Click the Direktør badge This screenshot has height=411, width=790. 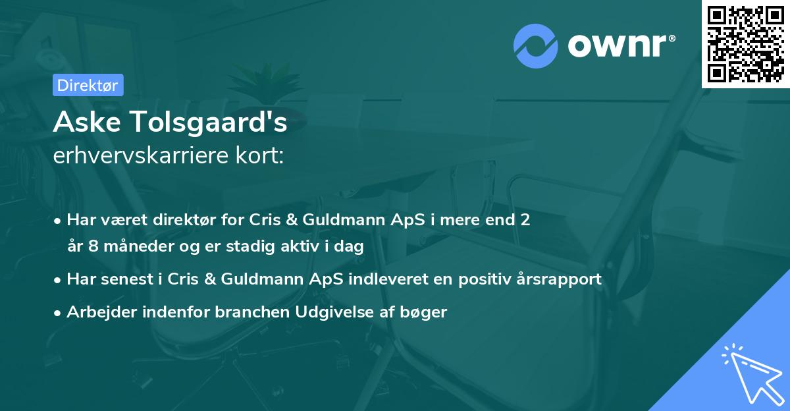tap(88, 85)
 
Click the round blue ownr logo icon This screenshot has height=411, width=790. tap(536, 45)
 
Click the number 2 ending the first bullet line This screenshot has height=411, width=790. tap(525, 219)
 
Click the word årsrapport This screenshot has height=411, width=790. tap(562, 279)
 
